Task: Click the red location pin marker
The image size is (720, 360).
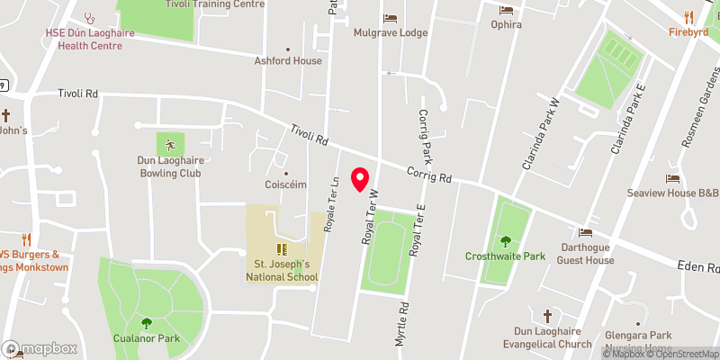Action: (x=361, y=179)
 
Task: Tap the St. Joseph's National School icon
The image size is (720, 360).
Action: (x=281, y=247)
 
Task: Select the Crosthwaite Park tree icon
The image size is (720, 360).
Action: (x=505, y=240)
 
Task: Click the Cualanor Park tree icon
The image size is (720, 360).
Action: (x=146, y=324)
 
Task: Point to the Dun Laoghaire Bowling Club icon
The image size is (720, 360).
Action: (x=168, y=144)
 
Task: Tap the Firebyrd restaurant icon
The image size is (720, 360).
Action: (x=688, y=16)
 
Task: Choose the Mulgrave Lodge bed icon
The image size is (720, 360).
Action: (x=390, y=18)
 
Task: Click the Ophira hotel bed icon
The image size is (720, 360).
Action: (x=506, y=10)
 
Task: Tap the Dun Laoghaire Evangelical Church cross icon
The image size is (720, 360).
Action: (x=547, y=316)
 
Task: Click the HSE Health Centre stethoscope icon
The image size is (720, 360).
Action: (x=88, y=17)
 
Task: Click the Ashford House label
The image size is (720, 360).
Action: (x=288, y=61)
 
